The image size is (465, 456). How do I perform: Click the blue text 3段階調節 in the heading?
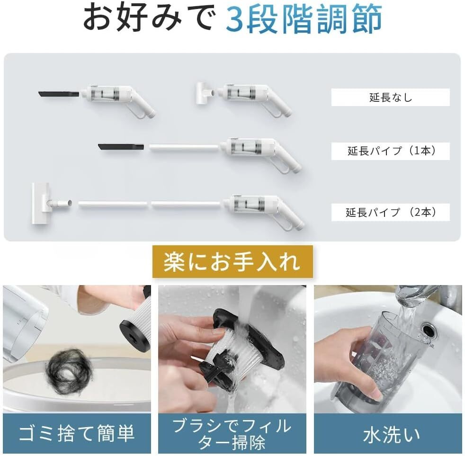[303, 19]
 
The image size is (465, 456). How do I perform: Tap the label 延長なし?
[390, 98]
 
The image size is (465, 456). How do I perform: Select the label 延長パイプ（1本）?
[390, 152]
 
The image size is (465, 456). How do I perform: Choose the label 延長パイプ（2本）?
[390, 212]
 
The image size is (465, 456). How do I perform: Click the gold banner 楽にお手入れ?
[232, 262]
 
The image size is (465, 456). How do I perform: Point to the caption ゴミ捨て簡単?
[77, 433]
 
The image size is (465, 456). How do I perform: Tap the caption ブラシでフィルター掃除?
[232, 433]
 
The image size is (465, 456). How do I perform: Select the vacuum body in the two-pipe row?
[265, 206]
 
